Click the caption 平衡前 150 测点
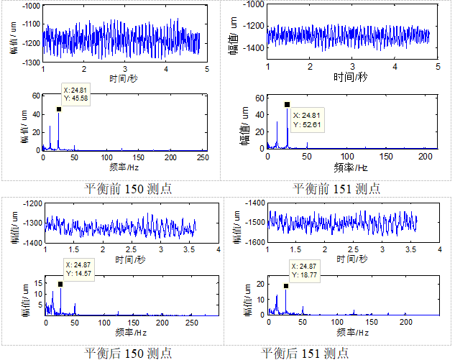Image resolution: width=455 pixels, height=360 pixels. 128,189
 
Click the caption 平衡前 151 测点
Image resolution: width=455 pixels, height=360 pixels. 336,189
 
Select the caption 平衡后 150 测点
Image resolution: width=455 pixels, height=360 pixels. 128,353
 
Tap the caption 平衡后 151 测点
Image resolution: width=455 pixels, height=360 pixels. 305,353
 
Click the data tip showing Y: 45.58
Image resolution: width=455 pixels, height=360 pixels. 74,94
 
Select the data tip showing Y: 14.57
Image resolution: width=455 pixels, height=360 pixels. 76,269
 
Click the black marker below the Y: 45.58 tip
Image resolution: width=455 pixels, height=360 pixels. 59,110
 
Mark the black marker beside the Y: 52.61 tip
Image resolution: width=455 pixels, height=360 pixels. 287,105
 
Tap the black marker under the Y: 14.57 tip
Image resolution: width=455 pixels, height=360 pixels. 60,285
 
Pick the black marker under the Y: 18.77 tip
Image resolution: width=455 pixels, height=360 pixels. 286,286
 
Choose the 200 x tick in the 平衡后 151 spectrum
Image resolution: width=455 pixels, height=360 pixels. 408,325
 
